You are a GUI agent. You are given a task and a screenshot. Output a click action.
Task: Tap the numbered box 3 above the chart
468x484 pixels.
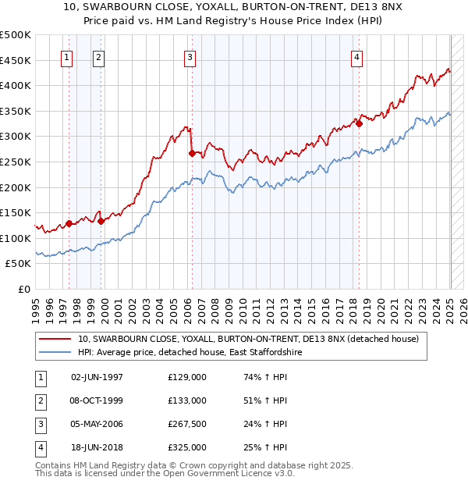point(190,56)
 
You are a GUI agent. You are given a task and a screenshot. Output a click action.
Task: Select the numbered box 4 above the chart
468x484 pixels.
point(356,56)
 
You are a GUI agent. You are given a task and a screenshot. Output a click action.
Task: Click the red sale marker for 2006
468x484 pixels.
point(192,154)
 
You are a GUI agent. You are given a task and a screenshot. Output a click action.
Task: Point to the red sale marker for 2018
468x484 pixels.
point(359,123)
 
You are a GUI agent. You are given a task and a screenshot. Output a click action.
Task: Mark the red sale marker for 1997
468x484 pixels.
point(69,223)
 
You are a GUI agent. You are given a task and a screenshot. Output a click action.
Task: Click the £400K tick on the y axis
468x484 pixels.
point(16,86)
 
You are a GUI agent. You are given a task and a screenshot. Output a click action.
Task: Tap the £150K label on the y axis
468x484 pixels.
point(16,213)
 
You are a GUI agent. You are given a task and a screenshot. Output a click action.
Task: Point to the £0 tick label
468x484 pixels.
point(24,290)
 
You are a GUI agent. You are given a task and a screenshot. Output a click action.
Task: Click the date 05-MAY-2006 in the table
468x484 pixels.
point(97,424)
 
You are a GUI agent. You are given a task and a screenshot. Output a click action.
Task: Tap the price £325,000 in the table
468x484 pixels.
point(186,447)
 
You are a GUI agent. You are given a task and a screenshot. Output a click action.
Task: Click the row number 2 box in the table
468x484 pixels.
point(38,400)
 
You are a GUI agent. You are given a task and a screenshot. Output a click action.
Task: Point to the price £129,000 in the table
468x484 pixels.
point(186,377)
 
